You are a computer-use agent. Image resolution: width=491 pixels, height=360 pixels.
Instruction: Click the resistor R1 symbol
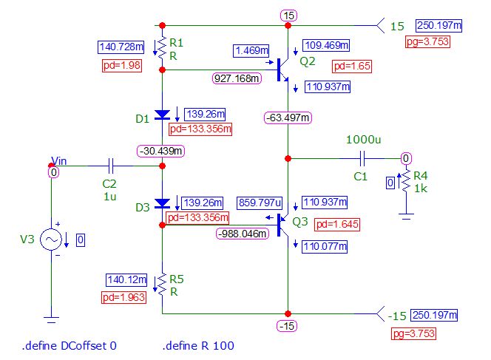coord(162,47)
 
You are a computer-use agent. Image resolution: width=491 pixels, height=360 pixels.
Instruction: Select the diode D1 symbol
coord(162,115)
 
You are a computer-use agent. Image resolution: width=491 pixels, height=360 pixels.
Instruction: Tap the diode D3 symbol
coord(162,203)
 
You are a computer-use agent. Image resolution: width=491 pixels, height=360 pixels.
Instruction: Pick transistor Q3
coord(283,223)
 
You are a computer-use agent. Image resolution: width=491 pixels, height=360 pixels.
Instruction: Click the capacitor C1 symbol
coord(362,157)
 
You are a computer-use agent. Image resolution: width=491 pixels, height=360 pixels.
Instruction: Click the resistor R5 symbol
coord(162,283)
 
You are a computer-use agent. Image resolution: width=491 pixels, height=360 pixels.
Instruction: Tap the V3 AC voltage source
coord(51,240)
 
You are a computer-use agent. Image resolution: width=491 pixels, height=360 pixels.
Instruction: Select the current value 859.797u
coord(260,202)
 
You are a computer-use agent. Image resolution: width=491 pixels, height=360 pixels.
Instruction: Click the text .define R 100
coord(200,345)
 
